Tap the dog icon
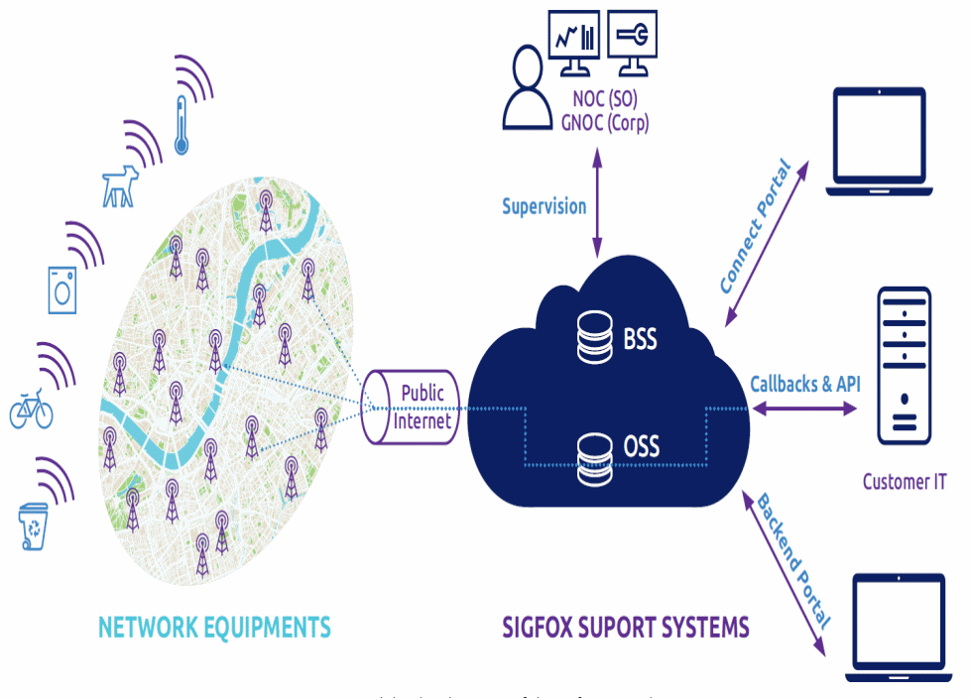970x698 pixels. point(119,186)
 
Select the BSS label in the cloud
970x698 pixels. point(640,340)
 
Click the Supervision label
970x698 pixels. point(544,207)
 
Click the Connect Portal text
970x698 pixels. point(756,228)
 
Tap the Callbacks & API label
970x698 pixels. point(804,384)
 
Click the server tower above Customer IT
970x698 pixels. point(904,367)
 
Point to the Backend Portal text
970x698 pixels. point(793,560)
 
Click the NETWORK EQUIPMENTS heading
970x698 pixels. point(214,627)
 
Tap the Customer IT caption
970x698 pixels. point(904,482)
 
